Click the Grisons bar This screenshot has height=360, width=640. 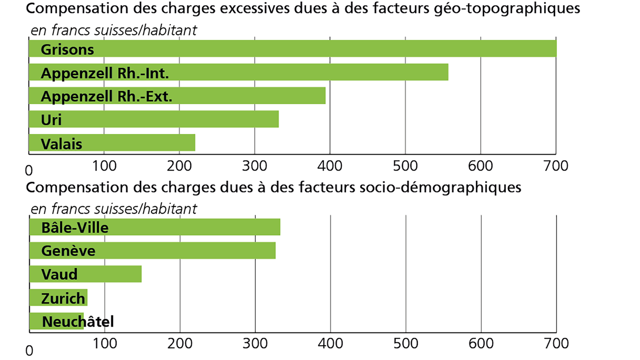click(292, 49)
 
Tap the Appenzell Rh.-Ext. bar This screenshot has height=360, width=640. click(177, 96)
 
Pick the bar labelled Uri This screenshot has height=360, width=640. click(154, 119)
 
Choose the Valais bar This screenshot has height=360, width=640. click(112, 143)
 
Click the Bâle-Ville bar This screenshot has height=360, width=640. click(154, 227)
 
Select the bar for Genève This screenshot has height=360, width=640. click(152, 250)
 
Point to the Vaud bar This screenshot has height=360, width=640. click(85, 274)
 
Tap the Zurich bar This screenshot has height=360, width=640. click(58, 298)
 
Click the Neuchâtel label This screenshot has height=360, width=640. click(78, 322)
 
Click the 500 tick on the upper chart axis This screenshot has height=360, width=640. click(405, 166)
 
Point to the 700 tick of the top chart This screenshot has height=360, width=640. click(556, 166)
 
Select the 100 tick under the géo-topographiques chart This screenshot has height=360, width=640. click(104, 166)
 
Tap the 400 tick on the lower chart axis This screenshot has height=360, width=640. click(330, 343)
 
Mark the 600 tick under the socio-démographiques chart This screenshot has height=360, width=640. click(481, 343)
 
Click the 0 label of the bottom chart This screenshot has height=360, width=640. click(29, 351)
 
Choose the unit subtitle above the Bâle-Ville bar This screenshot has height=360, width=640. click(113, 209)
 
